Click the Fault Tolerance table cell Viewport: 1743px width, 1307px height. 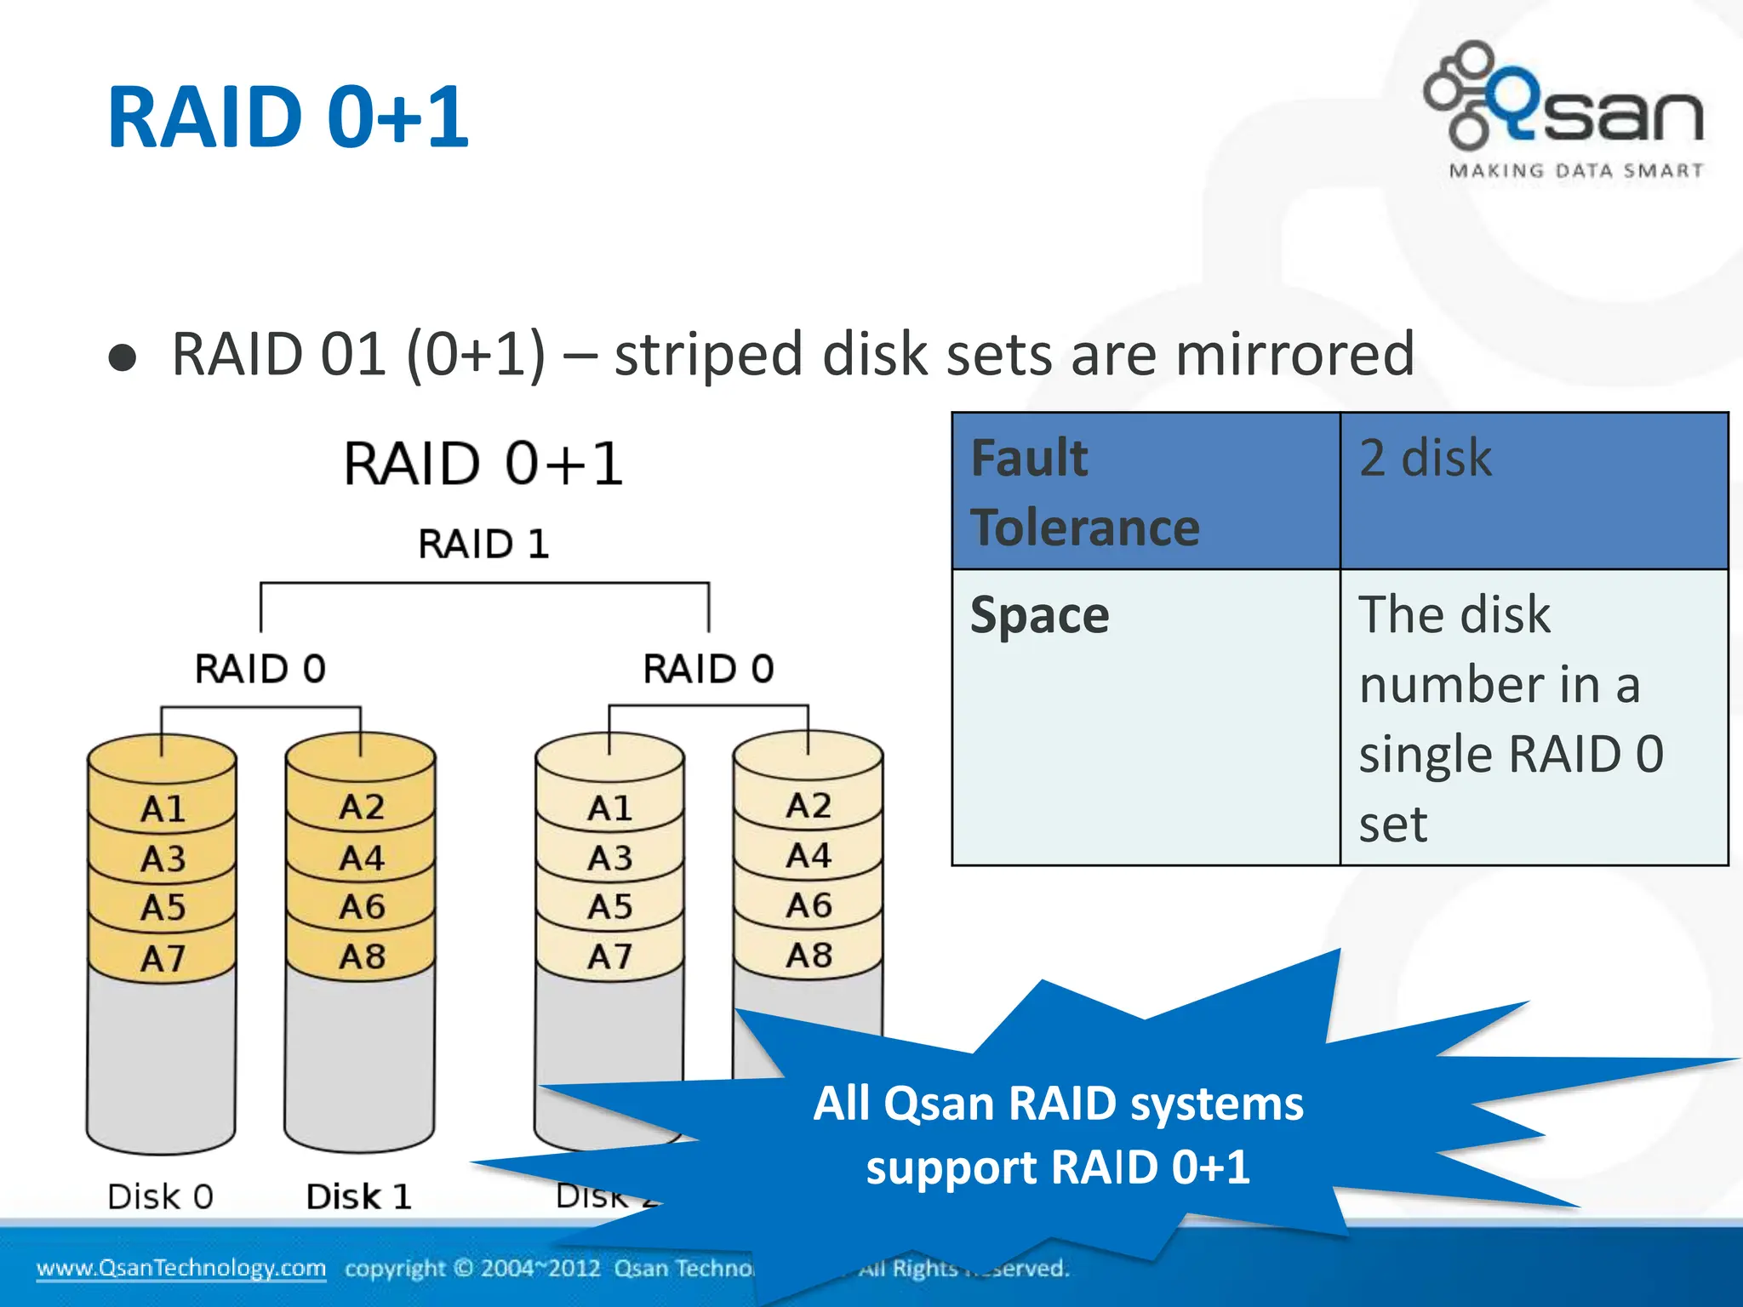pos(1145,492)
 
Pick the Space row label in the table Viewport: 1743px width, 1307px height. pos(1040,614)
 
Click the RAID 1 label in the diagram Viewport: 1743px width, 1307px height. pos(483,544)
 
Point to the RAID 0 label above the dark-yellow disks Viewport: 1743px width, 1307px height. pos(260,669)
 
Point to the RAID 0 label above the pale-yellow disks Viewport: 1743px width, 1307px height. pos(708,669)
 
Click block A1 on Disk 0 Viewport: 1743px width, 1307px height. pos(163,808)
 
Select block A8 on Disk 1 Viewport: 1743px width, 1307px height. pos(362,956)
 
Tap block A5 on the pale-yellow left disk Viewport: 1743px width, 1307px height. pos(609,907)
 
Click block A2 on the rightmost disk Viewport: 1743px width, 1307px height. pos(808,805)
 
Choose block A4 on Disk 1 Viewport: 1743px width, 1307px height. pos(362,858)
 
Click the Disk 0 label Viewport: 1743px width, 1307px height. pos(160,1196)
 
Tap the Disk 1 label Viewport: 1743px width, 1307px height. pos(358,1196)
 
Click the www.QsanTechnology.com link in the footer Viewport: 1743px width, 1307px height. pos(180,1268)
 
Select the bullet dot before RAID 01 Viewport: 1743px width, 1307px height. pos(123,358)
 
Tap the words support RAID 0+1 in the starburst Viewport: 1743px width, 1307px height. pos(1057,1167)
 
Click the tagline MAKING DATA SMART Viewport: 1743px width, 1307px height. pos(1575,170)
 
